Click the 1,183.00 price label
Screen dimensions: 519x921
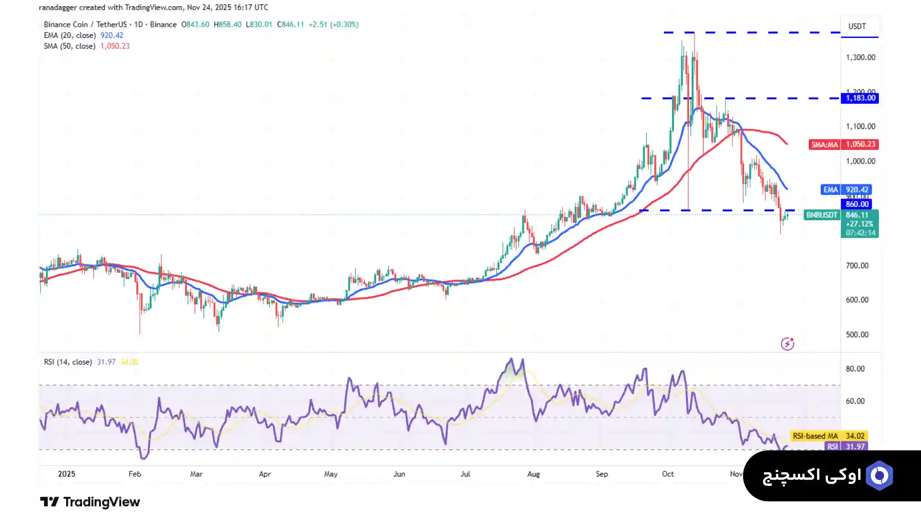click(860, 98)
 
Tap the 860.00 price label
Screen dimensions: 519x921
click(857, 204)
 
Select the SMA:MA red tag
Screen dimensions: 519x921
click(824, 144)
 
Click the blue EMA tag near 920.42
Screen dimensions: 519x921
click(831, 190)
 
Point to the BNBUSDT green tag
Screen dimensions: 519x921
click(822, 215)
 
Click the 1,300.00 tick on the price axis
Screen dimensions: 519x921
click(861, 57)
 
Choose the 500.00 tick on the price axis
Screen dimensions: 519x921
click(857, 335)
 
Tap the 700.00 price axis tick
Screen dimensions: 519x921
click(857, 266)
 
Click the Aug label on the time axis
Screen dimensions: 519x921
click(533, 474)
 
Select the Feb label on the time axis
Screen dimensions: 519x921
click(135, 474)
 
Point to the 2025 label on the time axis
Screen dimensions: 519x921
click(67, 474)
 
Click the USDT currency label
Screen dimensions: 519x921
click(857, 26)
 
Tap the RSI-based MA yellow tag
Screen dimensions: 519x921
click(815, 436)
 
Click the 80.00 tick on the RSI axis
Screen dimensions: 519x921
click(855, 369)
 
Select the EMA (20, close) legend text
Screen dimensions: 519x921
click(70, 36)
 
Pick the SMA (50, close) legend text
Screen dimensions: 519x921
click(70, 46)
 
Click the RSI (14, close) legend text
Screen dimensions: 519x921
click(68, 362)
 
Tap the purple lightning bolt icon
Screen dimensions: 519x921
click(787, 344)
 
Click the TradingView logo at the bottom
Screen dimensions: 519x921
click(90, 502)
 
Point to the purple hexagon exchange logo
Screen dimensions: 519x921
click(879, 475)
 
